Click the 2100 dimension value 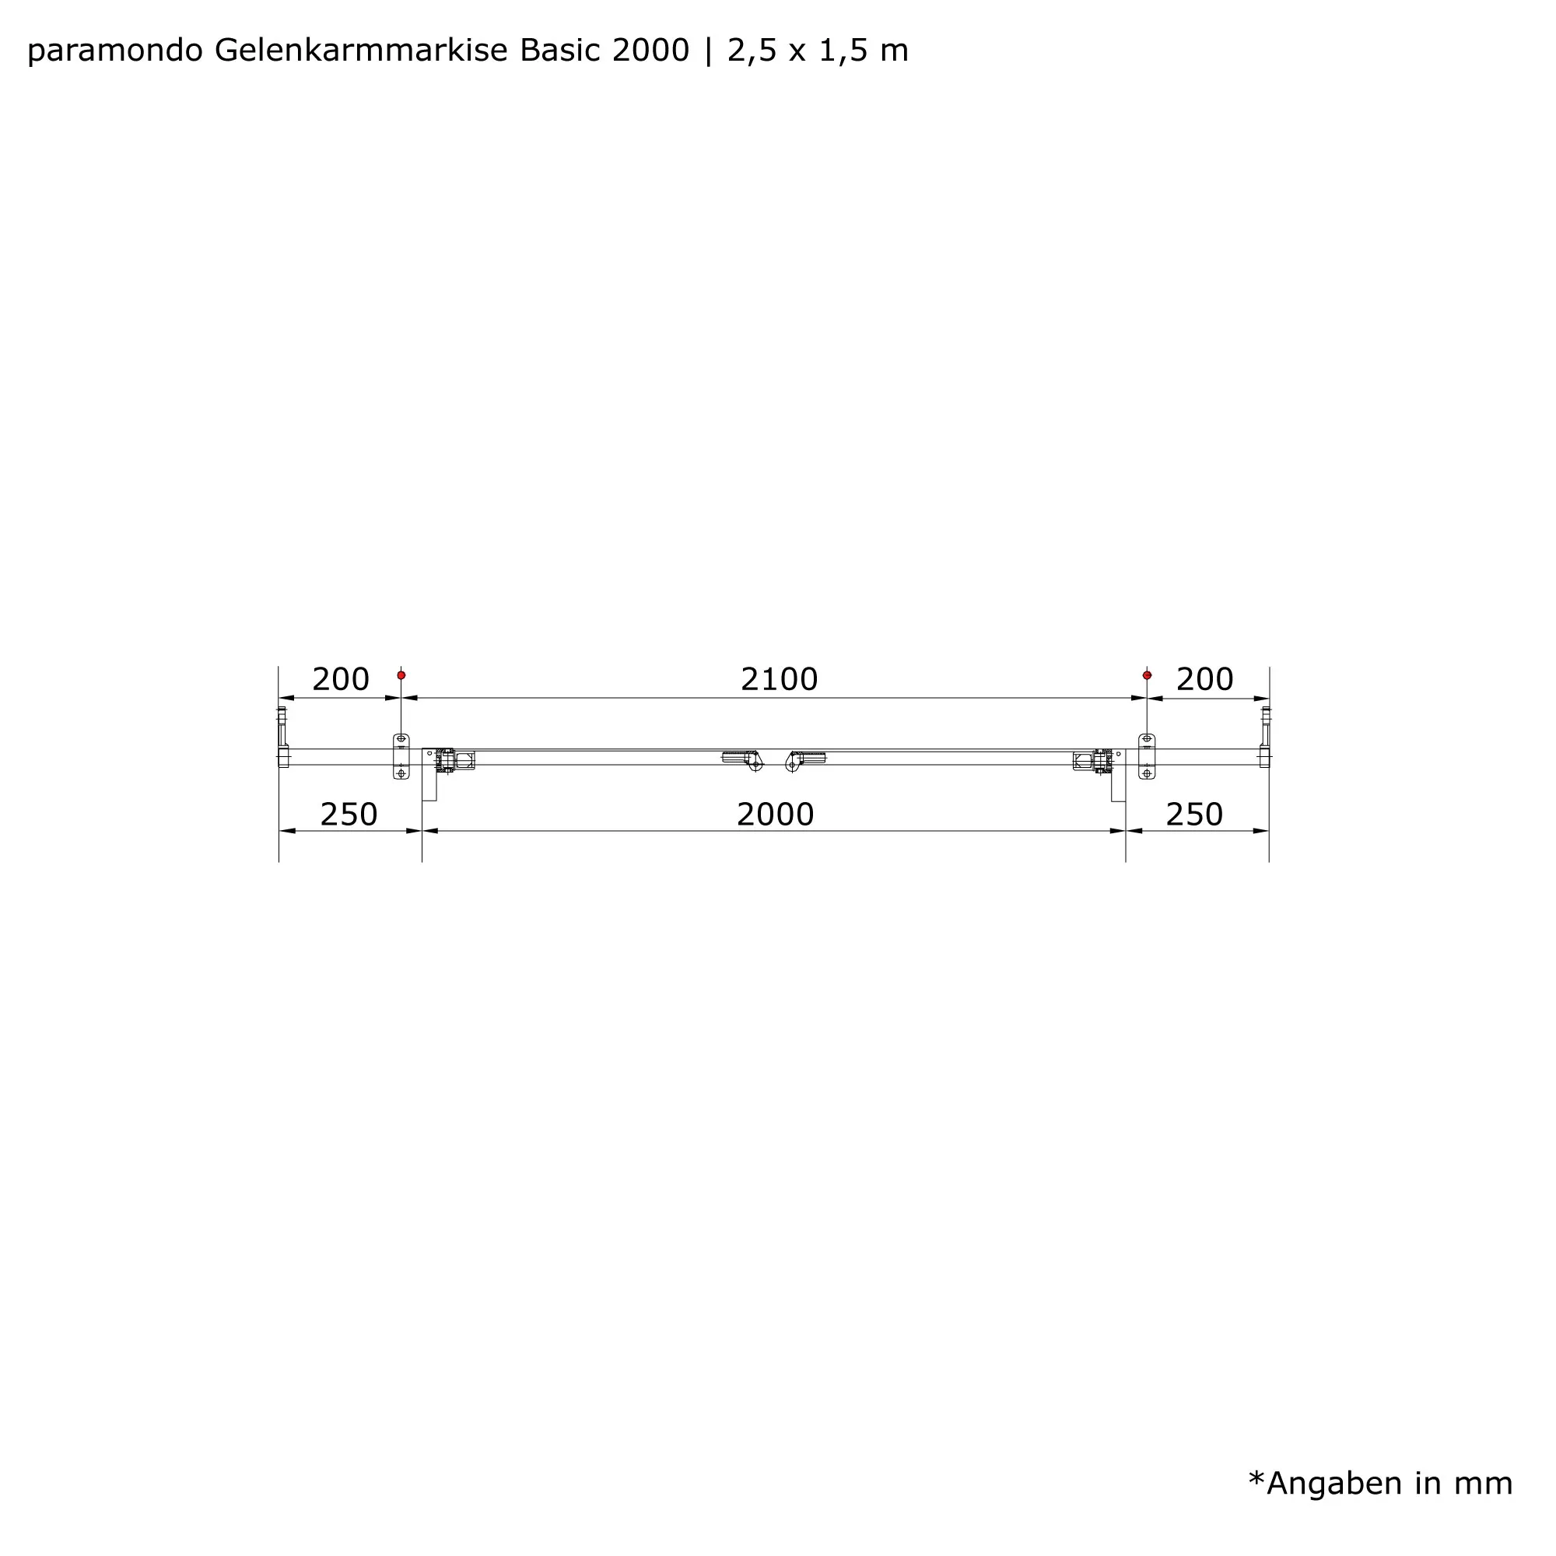tap(779, 680)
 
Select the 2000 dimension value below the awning tap(775, 815)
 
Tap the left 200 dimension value tap(340, 680)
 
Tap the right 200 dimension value tap(1204, 680)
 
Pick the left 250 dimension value tap(349, 815)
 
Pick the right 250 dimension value tap(1194, 815)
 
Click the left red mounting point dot tap(401, 675)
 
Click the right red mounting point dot tap(1147, 675)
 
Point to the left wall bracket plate tap(401, 756)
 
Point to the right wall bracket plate tap(1147, 756)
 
